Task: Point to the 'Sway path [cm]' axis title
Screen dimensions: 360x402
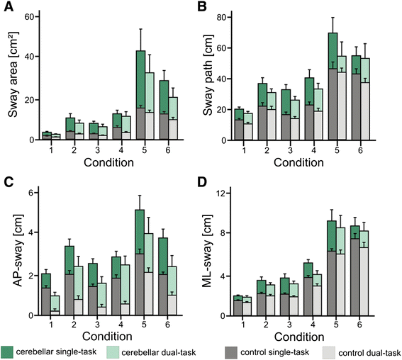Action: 214,78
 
